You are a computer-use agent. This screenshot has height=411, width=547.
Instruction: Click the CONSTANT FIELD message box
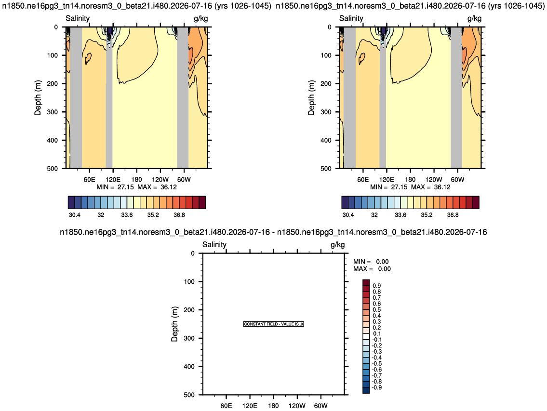(x=274, y=324)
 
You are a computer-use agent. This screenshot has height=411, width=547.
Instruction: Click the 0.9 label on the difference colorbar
(x=377, y=286)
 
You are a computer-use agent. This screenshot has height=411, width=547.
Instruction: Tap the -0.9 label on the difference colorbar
(x=377, y=387)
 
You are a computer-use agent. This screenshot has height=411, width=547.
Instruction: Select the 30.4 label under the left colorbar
(x=74, y=215)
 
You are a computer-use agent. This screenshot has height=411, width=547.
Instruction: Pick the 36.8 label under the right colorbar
(x=453, y=215)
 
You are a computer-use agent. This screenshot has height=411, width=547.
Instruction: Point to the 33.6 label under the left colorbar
(x=127, y=215)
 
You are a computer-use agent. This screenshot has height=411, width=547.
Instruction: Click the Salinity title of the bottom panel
(x=214, y=245)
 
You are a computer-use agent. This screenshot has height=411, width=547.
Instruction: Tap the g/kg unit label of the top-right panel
(x=474, y=18)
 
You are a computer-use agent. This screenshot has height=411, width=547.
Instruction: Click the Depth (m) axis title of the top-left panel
(x=38, y=98)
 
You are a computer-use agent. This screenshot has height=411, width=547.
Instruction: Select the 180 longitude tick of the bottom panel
(x=274, y=406)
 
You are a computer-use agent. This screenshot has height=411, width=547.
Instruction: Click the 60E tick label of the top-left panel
(x=89, y=179)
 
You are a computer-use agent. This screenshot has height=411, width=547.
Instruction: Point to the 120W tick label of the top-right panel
(x=434, y=179)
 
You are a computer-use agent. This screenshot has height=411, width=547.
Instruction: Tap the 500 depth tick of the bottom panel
(x=189, y=395)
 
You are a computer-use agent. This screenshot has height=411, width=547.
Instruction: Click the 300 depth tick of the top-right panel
(x=326, y=112)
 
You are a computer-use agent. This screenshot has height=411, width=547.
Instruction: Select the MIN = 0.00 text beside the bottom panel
(x=371, y=262)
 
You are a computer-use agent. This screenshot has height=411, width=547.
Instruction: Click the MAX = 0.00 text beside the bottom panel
(x=372, y=269)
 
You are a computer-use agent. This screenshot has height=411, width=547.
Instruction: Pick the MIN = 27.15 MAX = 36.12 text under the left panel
(x=137, y=187)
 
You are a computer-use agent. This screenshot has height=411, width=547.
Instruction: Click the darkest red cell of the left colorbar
(x=202, y=202)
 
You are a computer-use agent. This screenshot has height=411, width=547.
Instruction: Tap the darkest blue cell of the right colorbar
(x=345, y=202)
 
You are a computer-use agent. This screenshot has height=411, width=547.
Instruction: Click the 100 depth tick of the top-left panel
(x=53, y=55)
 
